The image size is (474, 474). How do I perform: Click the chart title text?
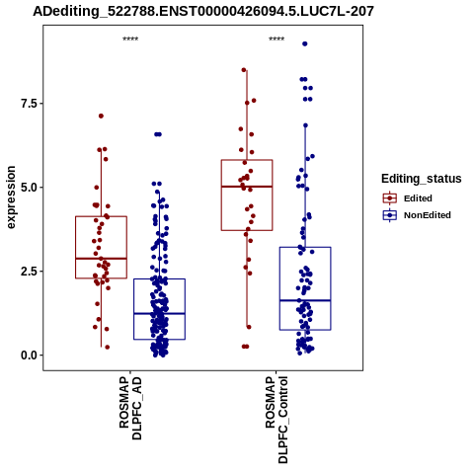click(203, 11)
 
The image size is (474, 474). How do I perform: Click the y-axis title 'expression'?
click(11, 197)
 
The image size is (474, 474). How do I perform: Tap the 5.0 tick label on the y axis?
click(29, 188)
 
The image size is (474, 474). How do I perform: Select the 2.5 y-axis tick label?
click(29, 272)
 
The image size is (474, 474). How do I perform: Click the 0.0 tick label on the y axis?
click(29, 355)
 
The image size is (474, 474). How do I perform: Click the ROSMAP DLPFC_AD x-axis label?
click(130, 408)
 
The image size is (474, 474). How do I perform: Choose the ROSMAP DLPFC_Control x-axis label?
click(276, 420)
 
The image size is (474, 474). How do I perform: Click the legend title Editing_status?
click(422, 179)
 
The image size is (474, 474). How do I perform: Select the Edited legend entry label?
click(418, 198)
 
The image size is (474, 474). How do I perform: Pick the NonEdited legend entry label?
click(428, 215)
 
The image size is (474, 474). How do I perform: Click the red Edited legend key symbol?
click(390, 198)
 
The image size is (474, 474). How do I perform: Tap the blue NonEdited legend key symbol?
click(390, 215)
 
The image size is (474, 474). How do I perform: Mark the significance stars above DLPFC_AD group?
click(130, 39)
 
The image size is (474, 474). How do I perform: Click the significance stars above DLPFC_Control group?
click(276, 39)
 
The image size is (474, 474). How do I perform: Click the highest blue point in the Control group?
click(305, 43)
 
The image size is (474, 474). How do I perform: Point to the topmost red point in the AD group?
click(101, 116)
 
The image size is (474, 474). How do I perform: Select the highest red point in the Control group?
click(244, 70)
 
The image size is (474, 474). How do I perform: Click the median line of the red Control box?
click(247, 187)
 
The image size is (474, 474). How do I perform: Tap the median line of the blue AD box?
click(159, 314)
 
